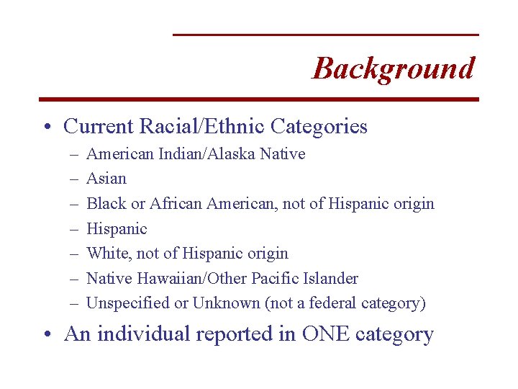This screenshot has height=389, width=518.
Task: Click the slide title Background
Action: coord(394,68)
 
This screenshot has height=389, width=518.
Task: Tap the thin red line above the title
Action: coord(325,35)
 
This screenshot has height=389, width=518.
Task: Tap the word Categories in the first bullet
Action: coord(319,127)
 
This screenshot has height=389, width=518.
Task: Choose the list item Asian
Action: coord(106,179)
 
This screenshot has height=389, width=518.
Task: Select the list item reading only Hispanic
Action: coord(117,229)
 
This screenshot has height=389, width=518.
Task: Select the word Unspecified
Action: coord(128,303)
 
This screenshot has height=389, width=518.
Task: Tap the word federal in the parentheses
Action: coord(335,303)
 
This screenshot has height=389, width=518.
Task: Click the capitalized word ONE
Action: coord(330,334)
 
